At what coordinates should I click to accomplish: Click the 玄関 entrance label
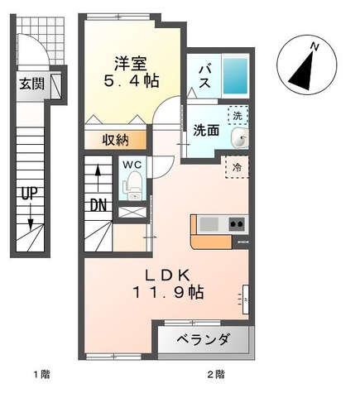(x=31, y=84)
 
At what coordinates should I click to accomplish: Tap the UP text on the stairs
(x=30, y=194)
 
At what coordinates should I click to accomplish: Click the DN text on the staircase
(x=98, y=205)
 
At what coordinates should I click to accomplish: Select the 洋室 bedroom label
(x=131, y=64)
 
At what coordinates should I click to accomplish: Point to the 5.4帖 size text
(x=131, y=81)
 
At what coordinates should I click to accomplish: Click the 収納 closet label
(x=116, y=141)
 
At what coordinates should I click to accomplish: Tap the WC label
(x=132, y=165)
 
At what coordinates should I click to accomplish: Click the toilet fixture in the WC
(x=133, y=185)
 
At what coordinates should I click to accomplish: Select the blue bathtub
(x=235, y=76)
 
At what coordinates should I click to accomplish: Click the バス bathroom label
(x=205, y=76)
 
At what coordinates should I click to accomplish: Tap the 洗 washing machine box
(x=238, y=115)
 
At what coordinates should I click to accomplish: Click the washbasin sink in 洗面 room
(x=239, y=137)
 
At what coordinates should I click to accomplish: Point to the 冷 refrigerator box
(x=237, y=167)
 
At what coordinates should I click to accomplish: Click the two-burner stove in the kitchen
(x=237, y=224)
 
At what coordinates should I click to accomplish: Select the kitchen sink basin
(x=209, y=224)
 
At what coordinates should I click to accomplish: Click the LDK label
(x=168, y=275)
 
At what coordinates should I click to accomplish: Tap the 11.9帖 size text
(x=169, y=292)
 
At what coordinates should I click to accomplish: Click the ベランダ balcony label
(x=203, y=339)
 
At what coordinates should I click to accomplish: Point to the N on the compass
(x=314, y=46)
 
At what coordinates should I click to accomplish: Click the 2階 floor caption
(x=216, y=374)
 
